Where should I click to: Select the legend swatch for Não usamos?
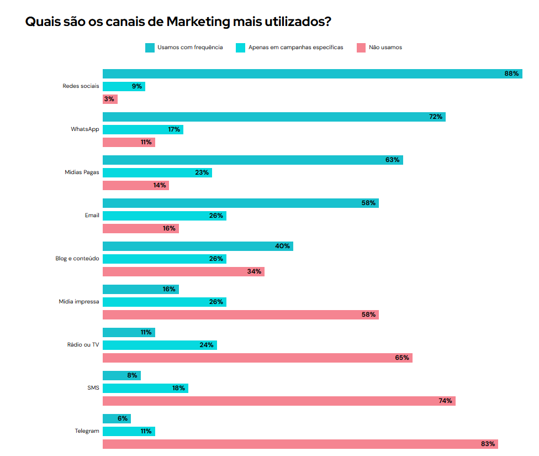361,48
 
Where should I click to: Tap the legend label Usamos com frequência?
190,48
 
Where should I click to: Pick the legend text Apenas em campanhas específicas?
295,48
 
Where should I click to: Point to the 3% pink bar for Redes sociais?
110,99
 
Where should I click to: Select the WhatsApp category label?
85,129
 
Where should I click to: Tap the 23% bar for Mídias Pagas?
157,172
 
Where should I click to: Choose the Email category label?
92,216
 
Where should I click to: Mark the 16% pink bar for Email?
140,228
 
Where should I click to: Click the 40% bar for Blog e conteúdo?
198,246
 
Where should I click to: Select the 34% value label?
255,271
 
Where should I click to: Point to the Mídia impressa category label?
79,302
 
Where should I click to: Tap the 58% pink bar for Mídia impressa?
240,315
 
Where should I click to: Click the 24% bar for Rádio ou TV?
160,345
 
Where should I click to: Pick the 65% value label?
402,358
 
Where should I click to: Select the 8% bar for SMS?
121,375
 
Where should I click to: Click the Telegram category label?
87,431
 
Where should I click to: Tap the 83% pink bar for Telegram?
300,444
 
